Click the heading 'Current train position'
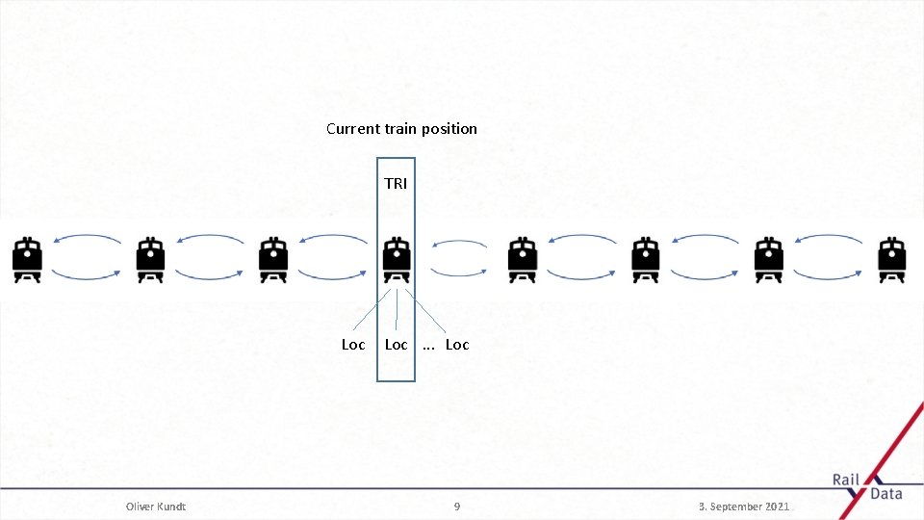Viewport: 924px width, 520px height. (x=401, y=128)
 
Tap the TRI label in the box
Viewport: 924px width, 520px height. (x=396, y=183)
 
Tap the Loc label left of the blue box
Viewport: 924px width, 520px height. (x=353, y=345)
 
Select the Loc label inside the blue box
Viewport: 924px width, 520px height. (x=396, y=345)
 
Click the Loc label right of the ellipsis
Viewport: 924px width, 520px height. (x=457, y=345)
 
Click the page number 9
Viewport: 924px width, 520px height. (x=457, y=507)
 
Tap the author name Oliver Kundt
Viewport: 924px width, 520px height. (x=156, y=507)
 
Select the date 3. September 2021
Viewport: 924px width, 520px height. (x=744, y=507)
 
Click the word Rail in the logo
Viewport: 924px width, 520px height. (x=846, y=480)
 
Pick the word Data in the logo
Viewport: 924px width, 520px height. (x=885, y=494)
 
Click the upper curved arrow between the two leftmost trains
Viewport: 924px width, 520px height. (x=88, y=239)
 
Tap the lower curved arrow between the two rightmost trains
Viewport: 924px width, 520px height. (x=829, y=276)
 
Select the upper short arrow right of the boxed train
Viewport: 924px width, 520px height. (x=458, y=244)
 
